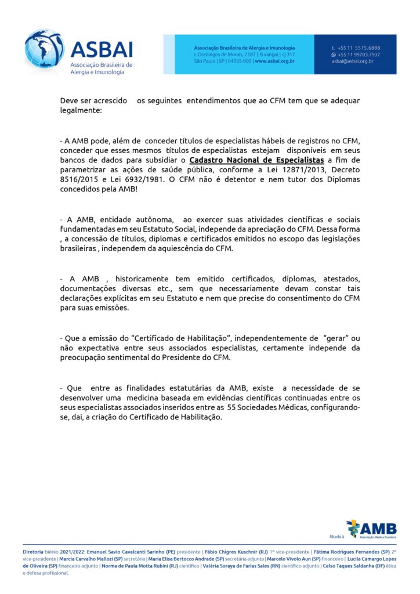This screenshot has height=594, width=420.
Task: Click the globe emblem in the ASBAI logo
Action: point(43,49)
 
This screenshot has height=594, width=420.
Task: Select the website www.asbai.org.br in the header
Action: point(274,61)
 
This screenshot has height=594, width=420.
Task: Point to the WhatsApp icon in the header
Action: point(334,55)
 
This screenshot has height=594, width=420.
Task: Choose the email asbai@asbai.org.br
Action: point(352,61)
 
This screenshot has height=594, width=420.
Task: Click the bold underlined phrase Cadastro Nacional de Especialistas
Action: point(256,160)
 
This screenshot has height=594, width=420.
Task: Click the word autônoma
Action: point(154,220)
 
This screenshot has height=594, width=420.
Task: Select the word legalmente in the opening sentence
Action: point(81,110)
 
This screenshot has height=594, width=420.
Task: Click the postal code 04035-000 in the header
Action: point(239,61)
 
